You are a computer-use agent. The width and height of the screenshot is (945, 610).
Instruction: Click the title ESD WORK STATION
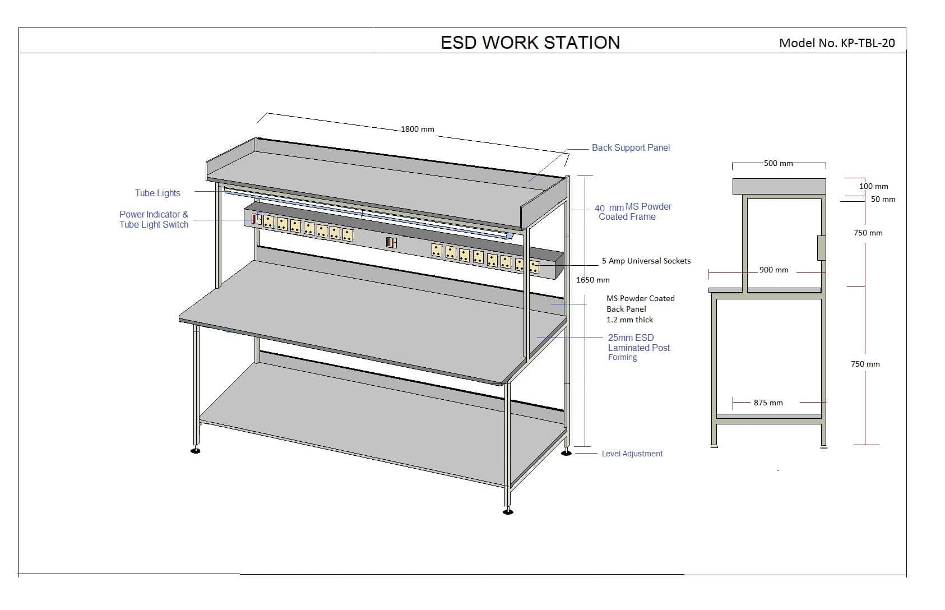point(530,43)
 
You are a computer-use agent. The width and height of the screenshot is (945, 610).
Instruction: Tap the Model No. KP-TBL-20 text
point(837,43)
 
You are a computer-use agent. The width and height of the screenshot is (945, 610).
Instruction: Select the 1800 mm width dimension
point(417,129)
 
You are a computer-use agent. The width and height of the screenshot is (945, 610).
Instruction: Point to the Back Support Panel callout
point(631,148)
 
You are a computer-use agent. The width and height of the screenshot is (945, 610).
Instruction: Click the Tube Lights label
point(157,193)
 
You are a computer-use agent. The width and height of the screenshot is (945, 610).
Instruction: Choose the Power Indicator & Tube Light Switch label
point(154,219)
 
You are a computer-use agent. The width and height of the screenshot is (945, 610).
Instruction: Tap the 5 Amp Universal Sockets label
point(646,261)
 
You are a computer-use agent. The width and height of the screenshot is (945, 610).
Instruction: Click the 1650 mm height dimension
point(593,280)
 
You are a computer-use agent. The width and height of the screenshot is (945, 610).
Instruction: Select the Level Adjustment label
point(632,454)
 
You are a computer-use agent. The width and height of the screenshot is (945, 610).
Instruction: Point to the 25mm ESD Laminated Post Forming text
point(638,347)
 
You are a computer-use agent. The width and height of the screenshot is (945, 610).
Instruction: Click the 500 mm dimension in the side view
point(779,163)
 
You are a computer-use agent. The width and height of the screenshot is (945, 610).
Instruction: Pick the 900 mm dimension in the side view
point(773,270)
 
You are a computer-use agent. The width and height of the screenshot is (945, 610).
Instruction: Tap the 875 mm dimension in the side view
point(768,403)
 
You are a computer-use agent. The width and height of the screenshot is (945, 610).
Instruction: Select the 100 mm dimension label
point(873,186)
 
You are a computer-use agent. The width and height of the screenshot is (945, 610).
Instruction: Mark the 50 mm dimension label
point(883,199)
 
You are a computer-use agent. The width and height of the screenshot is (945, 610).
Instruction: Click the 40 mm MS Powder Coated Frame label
point(632,211)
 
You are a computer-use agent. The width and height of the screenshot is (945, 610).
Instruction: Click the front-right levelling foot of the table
point(508,511)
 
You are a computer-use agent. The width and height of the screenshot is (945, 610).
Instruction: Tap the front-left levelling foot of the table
point(195,450)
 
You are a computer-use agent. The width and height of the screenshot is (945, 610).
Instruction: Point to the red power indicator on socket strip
point(254,219)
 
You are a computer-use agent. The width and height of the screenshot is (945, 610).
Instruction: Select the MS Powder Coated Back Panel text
point(640,309)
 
